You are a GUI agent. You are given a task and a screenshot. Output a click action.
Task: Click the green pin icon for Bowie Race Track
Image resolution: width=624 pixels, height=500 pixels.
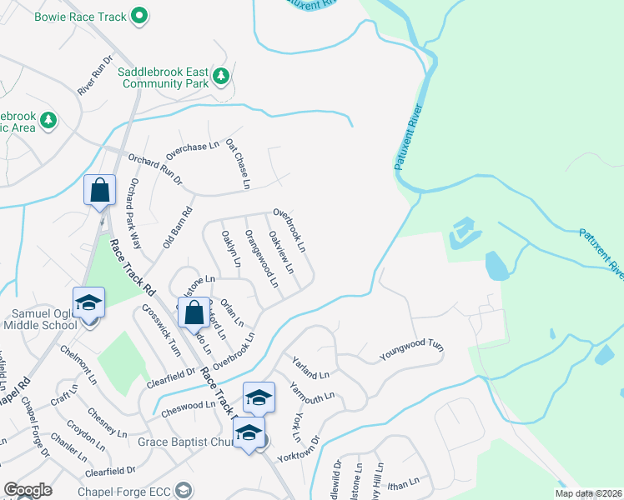(x=139, y=14)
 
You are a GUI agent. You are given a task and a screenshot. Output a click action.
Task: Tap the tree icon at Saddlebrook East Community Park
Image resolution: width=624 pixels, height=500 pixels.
(x=220, y=77)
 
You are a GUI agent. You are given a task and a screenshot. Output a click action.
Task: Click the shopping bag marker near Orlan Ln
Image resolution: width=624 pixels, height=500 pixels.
(x=194, y=314)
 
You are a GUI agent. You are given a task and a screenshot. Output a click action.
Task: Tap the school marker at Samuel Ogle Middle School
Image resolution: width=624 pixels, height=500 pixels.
(x=88, y=304)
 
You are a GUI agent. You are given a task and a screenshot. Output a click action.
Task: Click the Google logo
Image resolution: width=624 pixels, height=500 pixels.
(x=28, y=490)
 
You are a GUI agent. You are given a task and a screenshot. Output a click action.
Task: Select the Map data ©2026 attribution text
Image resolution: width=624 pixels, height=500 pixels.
(x=588, y=493)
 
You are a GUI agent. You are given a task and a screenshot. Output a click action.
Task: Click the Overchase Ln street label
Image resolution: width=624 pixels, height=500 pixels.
(x=192, y=150)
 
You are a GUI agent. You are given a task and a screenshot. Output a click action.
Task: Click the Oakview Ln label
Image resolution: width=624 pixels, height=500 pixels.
(x=281, y=252)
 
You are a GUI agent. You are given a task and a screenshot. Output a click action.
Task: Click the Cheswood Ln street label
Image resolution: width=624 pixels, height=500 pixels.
(x=188, y=406)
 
